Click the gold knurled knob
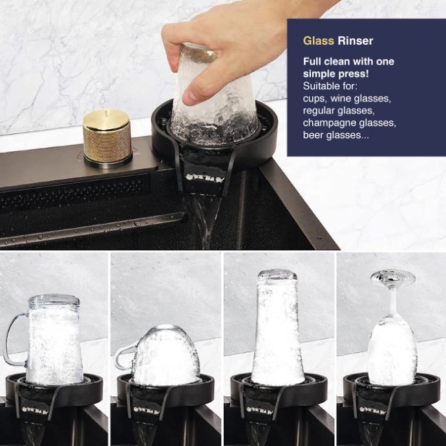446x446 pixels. tap(107, 136)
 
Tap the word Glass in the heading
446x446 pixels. tap(318, 41)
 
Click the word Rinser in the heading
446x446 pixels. tap(356, 41)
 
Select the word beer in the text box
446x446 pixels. tap(313, 135)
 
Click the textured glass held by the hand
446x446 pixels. tap(214, 94)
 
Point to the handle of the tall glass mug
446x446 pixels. tap(14, 339)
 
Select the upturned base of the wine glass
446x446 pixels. tap(393, 277)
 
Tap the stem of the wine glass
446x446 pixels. tap(392, 301)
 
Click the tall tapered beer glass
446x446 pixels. tap(277, 327)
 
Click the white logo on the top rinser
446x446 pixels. tap(205, 178)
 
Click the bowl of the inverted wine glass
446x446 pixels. tap(392, 351)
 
